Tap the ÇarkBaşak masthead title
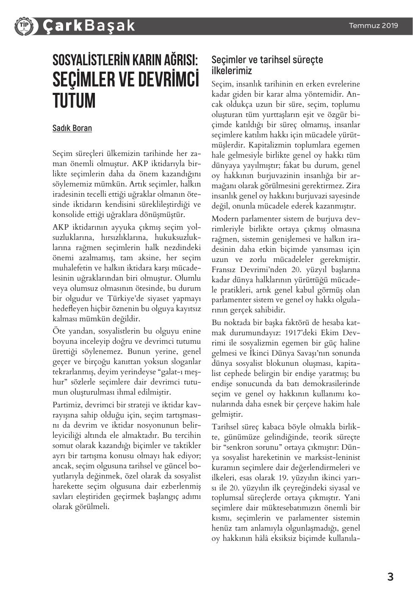point(89,26)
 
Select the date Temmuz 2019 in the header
point(373,25)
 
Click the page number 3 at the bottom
point(390,576)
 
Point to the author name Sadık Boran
point(72,128)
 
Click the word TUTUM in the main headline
point(74,101)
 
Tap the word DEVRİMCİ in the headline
point(166,80)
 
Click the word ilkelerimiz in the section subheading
point(232,70)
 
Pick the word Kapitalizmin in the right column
point(268,145)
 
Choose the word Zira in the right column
point(352,186)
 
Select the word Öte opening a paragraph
point(59,331)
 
